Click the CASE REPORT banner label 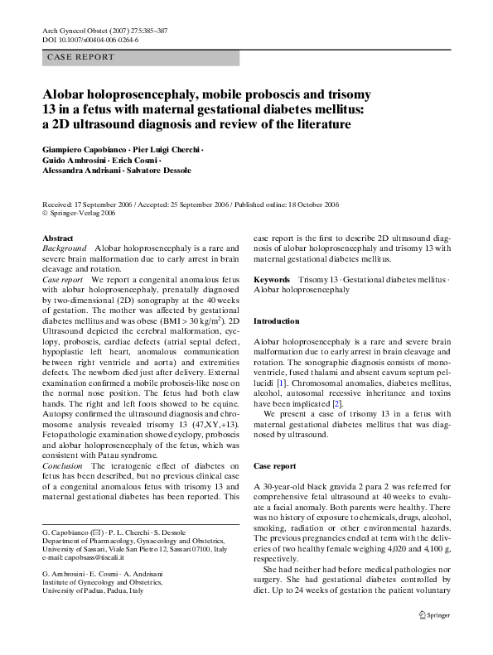click(x=81, y=57)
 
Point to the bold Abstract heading click(x=57, y=238)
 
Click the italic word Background click(x=64, y=248)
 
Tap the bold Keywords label click(x=272, y=281)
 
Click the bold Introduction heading click(x=276, y=320)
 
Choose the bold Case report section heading click(x=274, y=466)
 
